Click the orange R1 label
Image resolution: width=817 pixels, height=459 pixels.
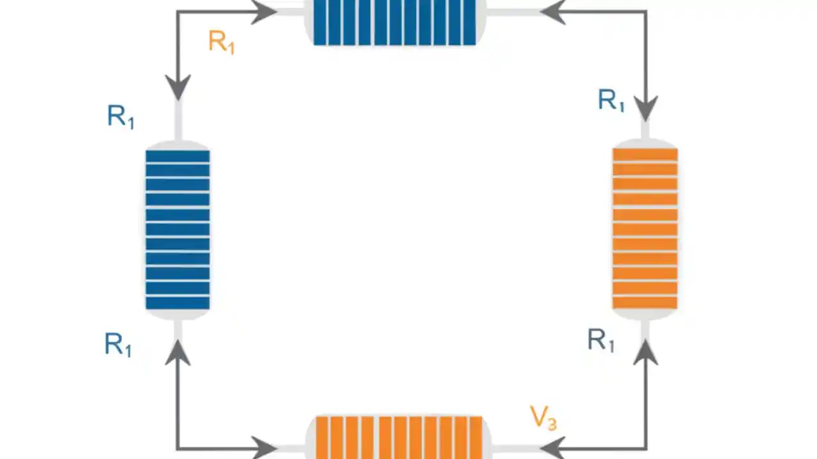221,42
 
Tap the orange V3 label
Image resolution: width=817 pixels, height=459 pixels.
543,418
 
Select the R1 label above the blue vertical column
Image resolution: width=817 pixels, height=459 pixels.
121,117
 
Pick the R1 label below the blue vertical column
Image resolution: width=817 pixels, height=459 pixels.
118,345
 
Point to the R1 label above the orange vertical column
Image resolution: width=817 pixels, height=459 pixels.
611,101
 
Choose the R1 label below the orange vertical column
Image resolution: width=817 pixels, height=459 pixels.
601,340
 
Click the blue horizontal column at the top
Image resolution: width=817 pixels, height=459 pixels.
394,22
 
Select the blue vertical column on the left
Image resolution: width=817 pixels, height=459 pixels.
177,229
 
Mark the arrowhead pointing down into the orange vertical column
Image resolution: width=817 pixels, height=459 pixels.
645,107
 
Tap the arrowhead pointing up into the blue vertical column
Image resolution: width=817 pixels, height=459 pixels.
178,353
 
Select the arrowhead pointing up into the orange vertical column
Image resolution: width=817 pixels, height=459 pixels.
645,353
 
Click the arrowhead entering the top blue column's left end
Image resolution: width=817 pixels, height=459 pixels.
264,11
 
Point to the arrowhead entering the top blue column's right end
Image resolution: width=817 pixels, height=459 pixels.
553,11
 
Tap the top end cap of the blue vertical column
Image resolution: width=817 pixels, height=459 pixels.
177,144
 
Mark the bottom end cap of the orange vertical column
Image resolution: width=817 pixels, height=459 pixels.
645,314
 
